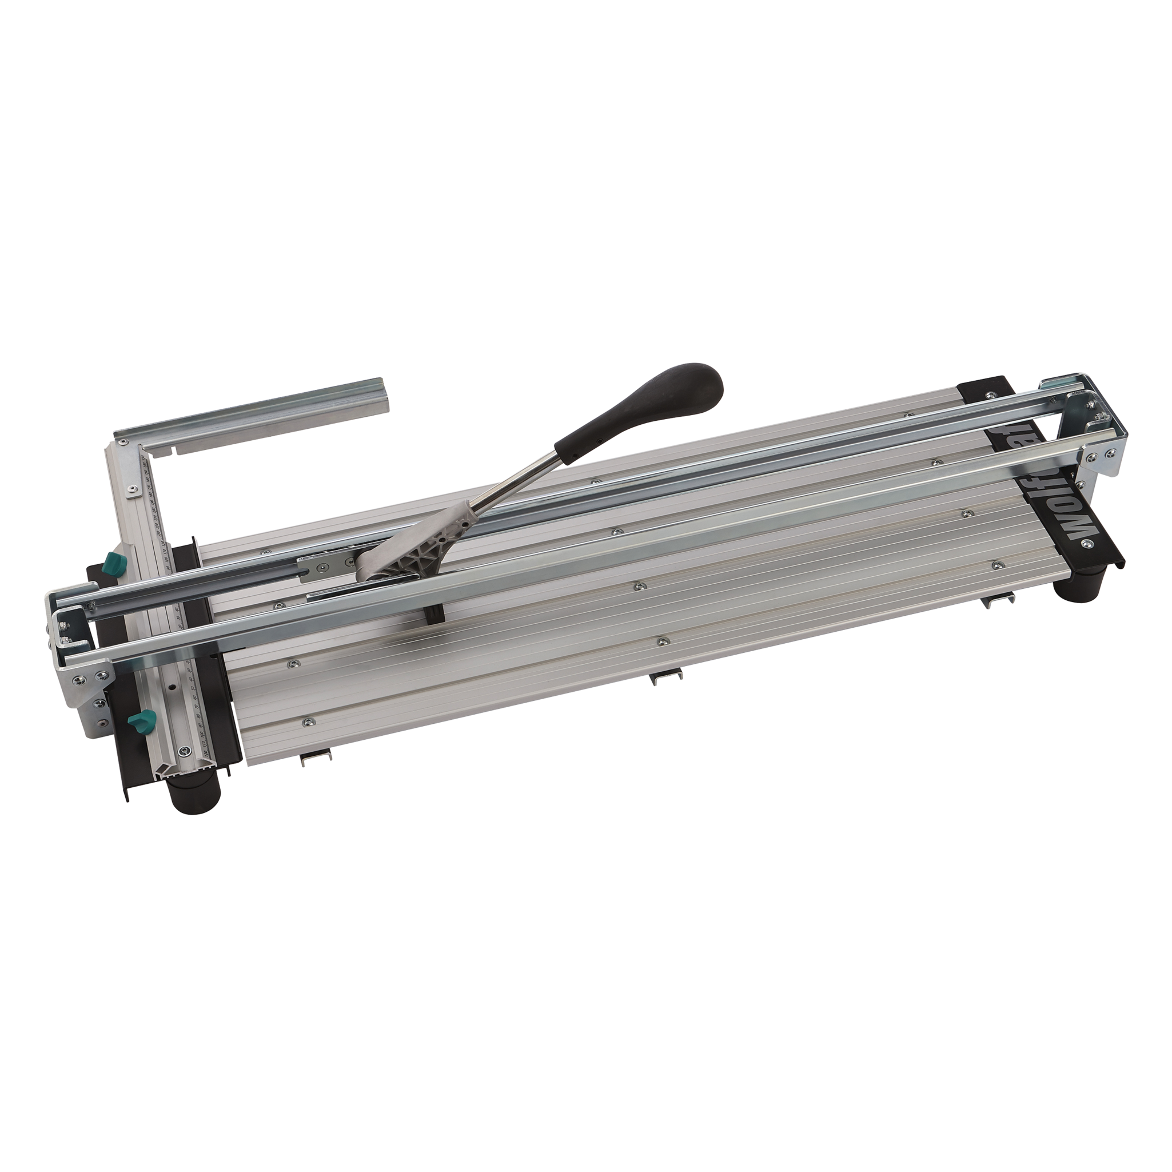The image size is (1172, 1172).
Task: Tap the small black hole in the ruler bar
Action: pos(172,689)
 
